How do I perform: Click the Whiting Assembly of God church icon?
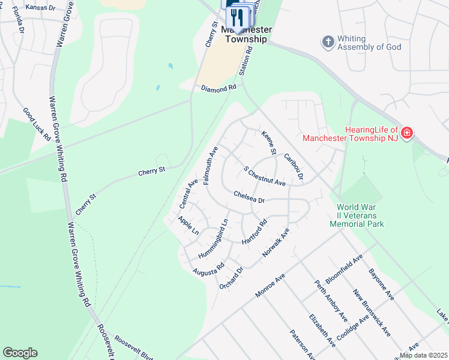coord(328,42)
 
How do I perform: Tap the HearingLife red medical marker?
coord(407,132)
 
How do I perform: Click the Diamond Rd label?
coord(219,88)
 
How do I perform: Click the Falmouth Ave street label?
coord(211,164)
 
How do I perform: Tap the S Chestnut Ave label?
coord(264,175)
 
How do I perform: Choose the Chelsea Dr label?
coord(249,196)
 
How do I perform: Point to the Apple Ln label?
coord(188,225)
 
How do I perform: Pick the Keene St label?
coord(268,143)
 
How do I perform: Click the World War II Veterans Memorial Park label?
coord(357,215)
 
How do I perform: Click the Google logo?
coord(20,353)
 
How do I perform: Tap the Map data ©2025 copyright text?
coord(423,355)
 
